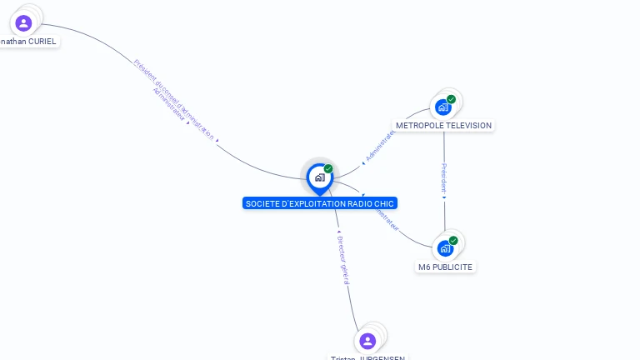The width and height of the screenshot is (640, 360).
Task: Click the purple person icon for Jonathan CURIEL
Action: click(23, 22)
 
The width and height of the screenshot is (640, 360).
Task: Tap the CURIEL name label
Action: click(30, 41)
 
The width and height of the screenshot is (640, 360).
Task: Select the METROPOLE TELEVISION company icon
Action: click(443, 107)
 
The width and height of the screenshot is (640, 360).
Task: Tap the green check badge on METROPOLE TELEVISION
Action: click(452, 99)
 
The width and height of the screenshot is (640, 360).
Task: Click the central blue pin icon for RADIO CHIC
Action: click(319, 177)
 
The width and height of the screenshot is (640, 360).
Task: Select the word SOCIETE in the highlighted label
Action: click(261, 203)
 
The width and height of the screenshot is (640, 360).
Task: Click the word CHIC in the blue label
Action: click(385, 203)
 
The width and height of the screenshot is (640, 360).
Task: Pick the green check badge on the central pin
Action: click(328, 168)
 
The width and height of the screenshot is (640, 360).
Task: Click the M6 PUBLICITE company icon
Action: click(445, 248)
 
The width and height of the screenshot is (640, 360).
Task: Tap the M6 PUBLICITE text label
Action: click(446, 267)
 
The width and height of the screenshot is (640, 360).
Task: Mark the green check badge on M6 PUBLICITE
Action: click(453, 241)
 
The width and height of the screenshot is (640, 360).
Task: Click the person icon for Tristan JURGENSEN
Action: click(367, 341)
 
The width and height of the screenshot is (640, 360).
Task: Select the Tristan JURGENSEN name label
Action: click(367, 357)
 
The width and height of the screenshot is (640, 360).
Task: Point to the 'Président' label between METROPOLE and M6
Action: click(443, 178)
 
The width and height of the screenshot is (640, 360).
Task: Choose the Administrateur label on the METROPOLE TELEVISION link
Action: click(380, 144)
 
